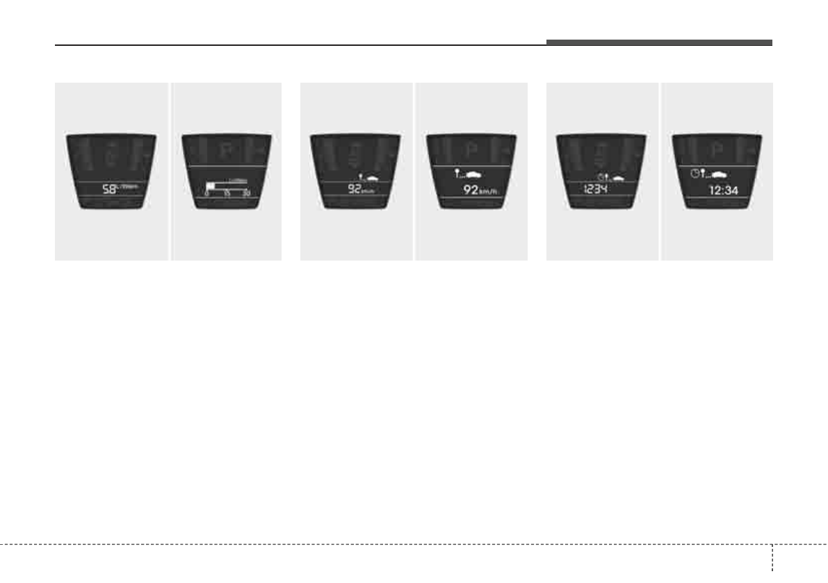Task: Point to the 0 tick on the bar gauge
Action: point(206,192)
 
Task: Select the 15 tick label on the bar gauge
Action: point(227,192)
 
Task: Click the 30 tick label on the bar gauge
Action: point(246,192)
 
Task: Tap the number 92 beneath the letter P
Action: point(474,189)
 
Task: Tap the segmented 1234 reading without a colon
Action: point(596,189)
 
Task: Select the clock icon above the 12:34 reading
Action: point(695,172)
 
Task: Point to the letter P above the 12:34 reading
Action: point(717,149)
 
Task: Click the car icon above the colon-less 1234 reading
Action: point(617,178)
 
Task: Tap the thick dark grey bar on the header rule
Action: point(658,42)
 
